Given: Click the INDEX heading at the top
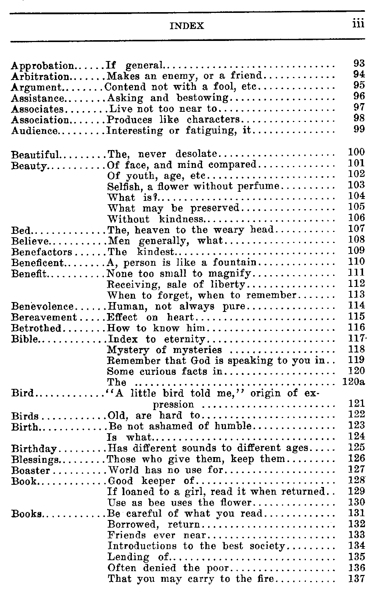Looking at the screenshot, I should tap(187, 26).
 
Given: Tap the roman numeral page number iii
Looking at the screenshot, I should tap(357, 24).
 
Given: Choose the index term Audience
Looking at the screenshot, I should tap(35, 131).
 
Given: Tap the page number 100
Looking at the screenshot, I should tap(356, 153).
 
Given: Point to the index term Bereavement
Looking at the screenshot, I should tap(44, 317).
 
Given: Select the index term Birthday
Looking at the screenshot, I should tap(34, 449).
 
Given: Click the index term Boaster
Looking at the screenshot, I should tap(31, 471).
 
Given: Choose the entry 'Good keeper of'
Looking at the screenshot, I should tap(151, 481).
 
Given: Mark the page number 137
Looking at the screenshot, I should tap(356, 579).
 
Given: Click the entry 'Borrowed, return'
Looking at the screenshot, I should tap(154, 525).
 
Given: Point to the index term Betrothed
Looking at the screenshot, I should tap(36, 328).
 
